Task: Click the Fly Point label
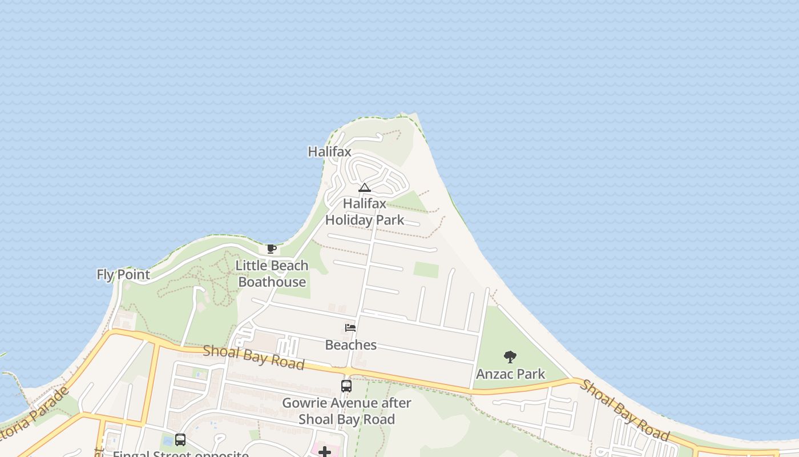pos(123,275)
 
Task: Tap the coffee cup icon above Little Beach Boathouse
pos(272,248)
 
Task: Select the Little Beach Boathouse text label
pos(272,274)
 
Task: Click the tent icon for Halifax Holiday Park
pos(365,187)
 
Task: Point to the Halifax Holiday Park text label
pos(365,212)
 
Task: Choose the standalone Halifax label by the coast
pos(329,152)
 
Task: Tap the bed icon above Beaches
pos(350,328)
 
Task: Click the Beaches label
pos(350,345)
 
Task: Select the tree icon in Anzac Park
pos(510,357)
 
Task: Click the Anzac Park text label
pos(510,374)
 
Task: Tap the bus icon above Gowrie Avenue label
pos(346,386)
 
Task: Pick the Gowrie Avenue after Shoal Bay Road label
pos(346,411)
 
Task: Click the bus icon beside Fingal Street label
pos(180,440)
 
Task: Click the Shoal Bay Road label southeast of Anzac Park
pos(625,410)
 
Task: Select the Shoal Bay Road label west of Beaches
pos(253,357)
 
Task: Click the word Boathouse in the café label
pos(272,282)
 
